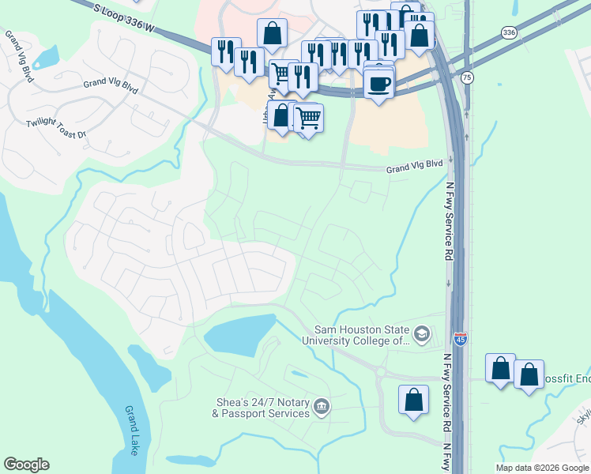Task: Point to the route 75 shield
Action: point(468,77)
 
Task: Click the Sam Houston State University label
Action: point(362,335)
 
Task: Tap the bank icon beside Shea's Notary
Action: point(321,406)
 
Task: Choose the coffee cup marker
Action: point(378,83)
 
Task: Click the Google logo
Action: point(26,465)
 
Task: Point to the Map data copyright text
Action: point(542,468)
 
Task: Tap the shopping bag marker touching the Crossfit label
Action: point(529,374)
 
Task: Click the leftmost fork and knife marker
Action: point(226,51)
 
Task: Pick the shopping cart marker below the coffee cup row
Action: point(308,118)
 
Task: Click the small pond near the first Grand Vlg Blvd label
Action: point(45,57)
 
